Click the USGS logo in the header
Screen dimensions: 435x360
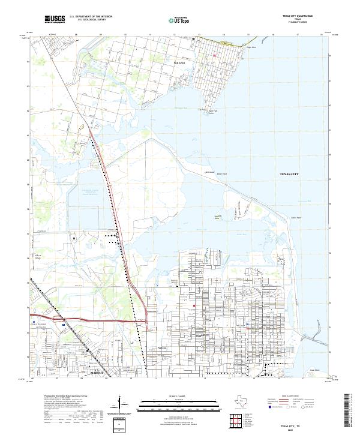tap(55, 19)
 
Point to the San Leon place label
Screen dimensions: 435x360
tap(179, 61)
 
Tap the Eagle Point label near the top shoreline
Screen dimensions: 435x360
tap(252, 47)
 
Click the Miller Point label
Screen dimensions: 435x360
tap(221, 174)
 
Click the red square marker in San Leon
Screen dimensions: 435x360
tap(214, 56)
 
